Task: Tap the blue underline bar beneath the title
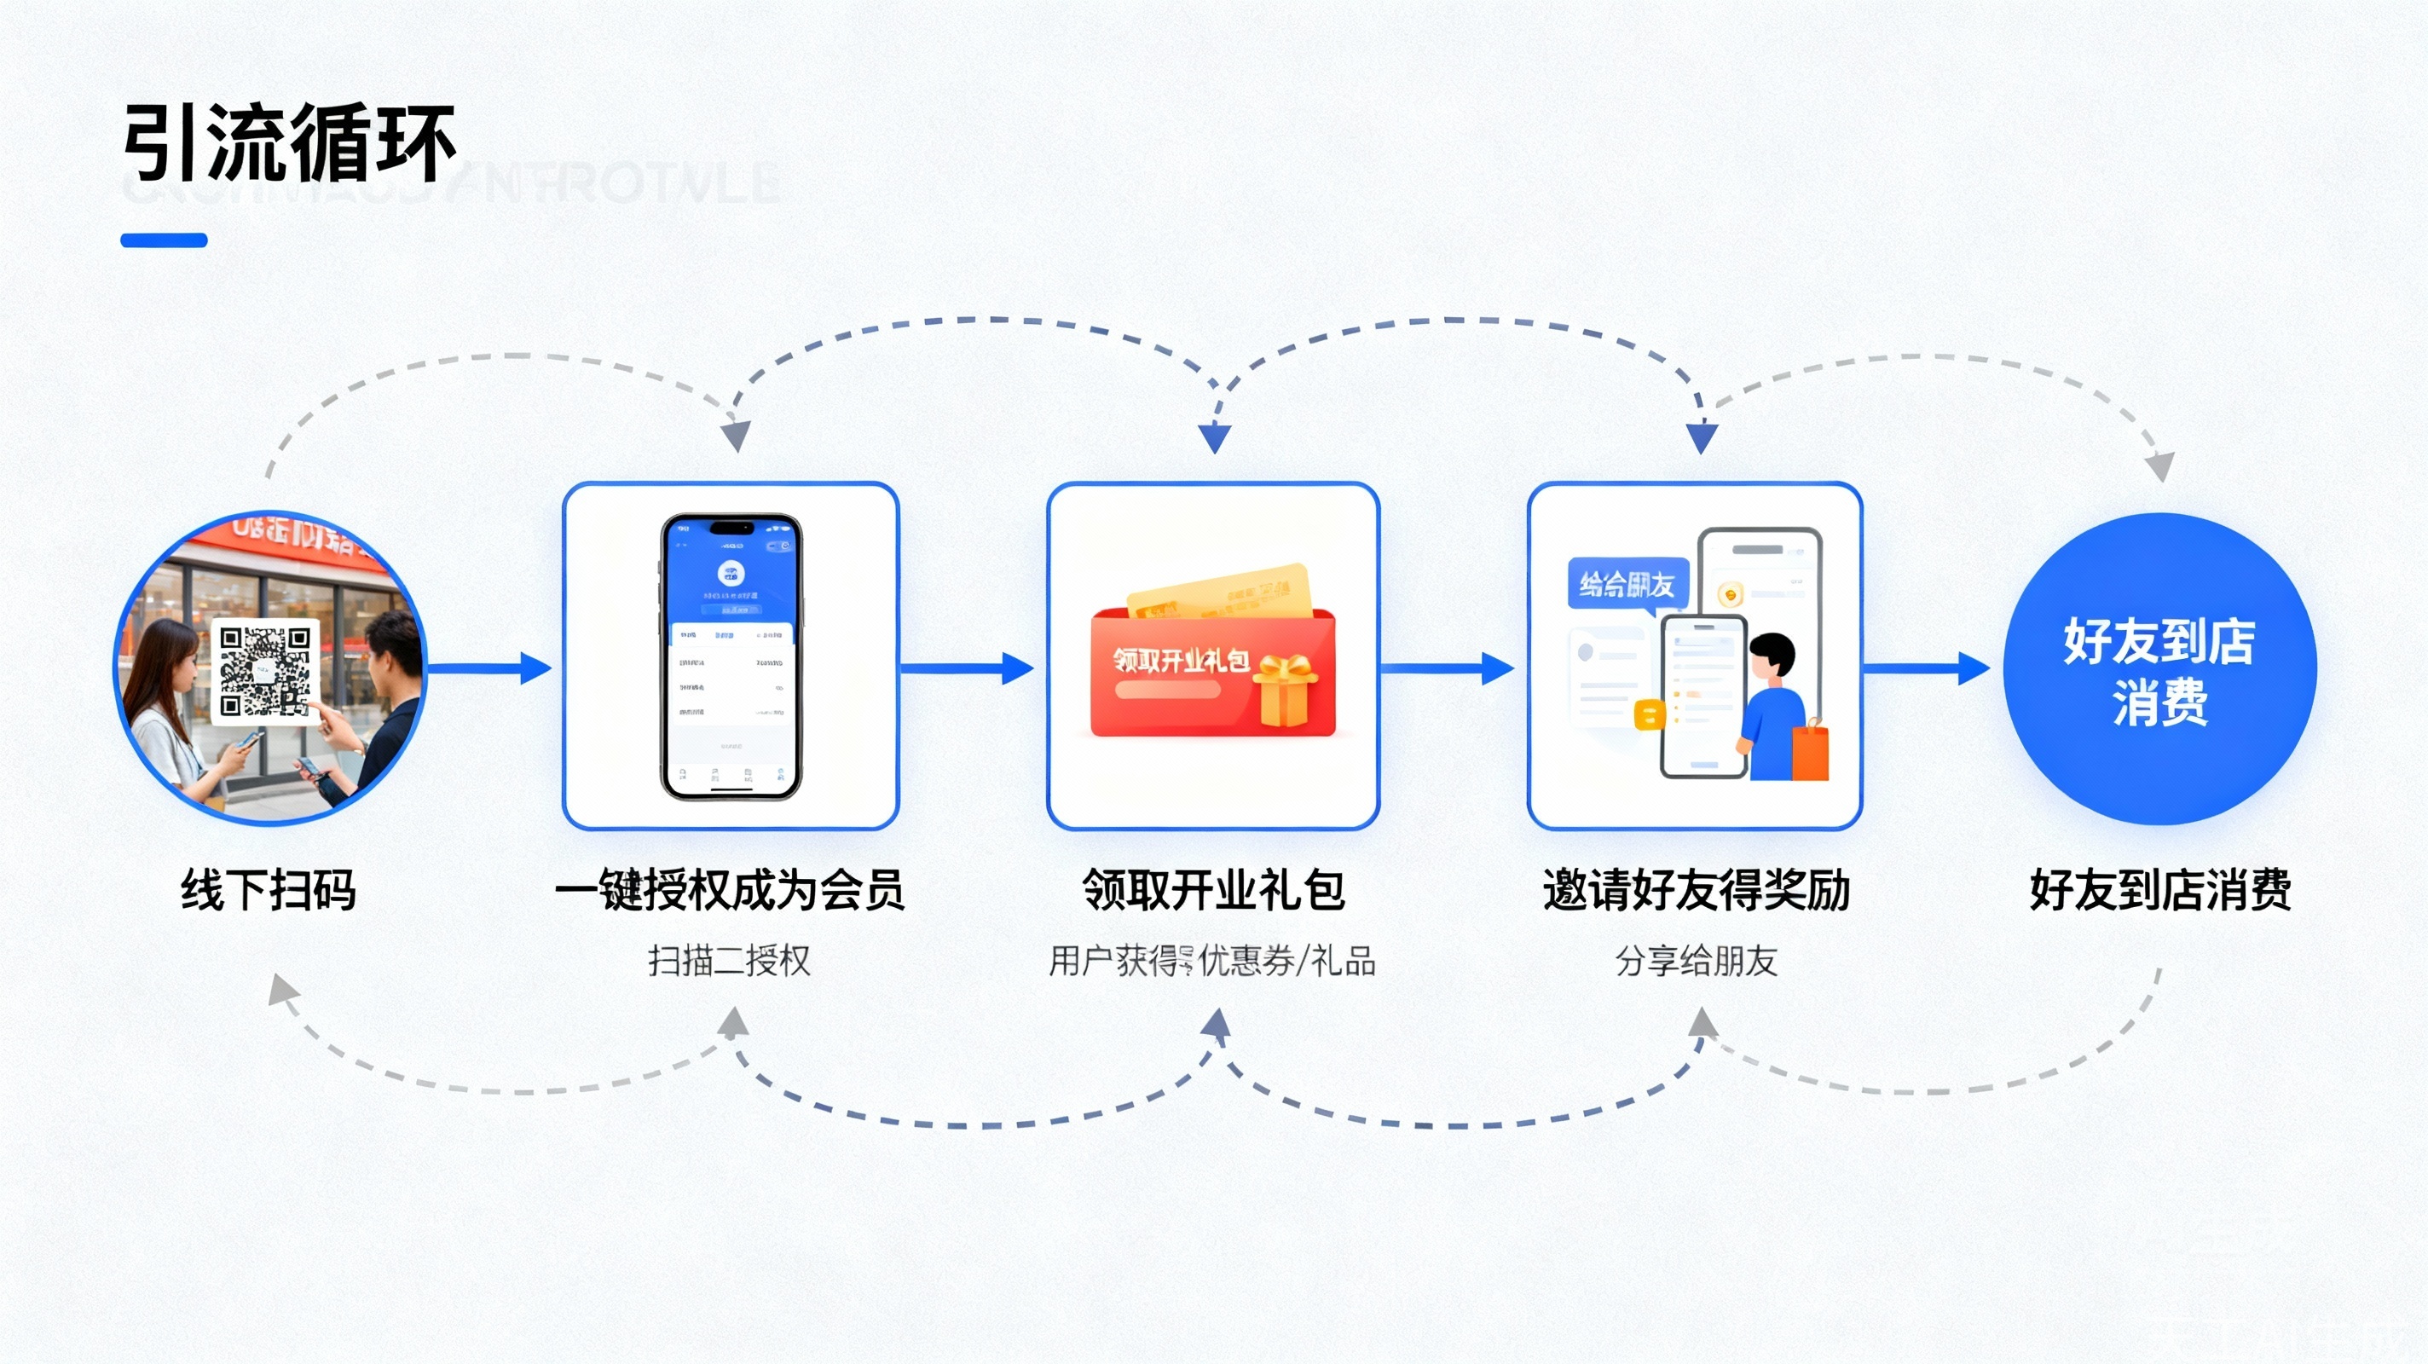pos(164,240)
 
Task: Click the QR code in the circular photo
pos(265,671)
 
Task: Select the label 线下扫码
pos(269,890)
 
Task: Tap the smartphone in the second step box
pos(731,656)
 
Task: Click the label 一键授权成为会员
pos(730,890)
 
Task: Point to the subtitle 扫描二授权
pos(730,961)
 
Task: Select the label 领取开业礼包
pos(1213,890)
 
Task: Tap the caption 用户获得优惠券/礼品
pos(1213,961)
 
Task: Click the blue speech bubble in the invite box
pos(1627,585)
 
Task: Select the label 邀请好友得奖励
pos(1696,890)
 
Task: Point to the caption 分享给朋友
pos(1696,961)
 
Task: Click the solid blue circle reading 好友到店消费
pos(2159,668)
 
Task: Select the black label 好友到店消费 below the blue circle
pos(2159,890)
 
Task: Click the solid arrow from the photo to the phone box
pos(490,668)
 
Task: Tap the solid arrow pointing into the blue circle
pos(1927,668)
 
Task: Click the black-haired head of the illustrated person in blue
pos(1773,652)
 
